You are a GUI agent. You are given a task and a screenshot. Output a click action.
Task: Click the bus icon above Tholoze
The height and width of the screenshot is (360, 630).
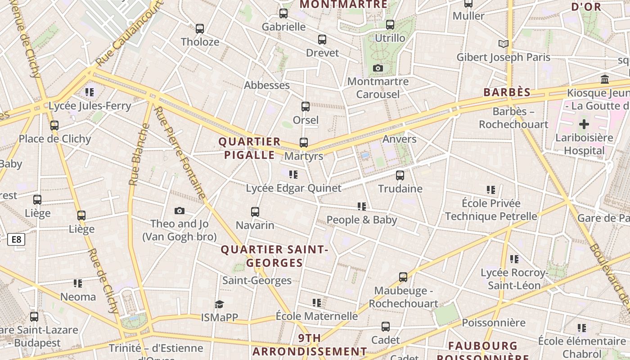pyautogui.click(x=200, y=29)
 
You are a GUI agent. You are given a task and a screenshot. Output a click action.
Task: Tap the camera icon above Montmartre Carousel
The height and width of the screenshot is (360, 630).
pyautogui.click(x=378, y=68)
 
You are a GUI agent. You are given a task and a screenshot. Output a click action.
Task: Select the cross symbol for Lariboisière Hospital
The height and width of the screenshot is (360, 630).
pyautogui.click(x=584, y=124)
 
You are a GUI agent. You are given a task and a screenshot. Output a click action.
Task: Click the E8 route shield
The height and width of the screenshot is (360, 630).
pyautogui.click(x=16, y=239)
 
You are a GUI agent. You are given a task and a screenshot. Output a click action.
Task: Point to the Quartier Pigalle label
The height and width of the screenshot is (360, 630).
pyautogui.click(x=249, y=148)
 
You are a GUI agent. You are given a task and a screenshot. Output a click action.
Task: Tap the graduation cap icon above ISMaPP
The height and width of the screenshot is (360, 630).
pyautogui.click(x=219, y=304)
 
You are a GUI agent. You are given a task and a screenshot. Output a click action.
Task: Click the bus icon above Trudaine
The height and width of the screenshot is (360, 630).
pyautogui.click(x=400, y=175)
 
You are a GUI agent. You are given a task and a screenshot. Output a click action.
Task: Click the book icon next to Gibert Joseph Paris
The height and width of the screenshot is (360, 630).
pyautogui.click(x=504, y=44)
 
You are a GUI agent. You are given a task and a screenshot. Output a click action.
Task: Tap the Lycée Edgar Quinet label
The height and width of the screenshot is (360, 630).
pyautogui.click(x=293, y=188)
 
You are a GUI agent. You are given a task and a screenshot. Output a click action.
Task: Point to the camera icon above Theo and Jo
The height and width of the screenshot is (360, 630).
pyautogui.click(x=180, y=211)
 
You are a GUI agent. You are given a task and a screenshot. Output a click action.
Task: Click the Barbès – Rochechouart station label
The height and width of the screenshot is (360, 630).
pyautogui.click(x=513, y=118)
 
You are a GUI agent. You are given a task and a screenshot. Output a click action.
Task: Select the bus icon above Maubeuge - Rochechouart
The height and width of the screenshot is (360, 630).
pyautogui.click(x=403, y=277)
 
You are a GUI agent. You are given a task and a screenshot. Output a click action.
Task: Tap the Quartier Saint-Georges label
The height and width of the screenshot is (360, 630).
pyautogui.click(x=274, y=256)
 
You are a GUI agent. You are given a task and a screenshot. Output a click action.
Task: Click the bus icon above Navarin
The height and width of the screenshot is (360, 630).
pyautogui.click(x=255, y=211)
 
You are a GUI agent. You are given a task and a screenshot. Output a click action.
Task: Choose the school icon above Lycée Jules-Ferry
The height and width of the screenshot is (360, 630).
pyautogui.click(x=90, y=92)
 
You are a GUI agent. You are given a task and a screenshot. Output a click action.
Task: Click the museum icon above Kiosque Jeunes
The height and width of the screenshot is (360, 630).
pyautogui.click(x=605, y=79)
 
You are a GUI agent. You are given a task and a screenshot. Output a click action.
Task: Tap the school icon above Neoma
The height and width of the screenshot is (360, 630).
pyautogui.click(x=78, y=283)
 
